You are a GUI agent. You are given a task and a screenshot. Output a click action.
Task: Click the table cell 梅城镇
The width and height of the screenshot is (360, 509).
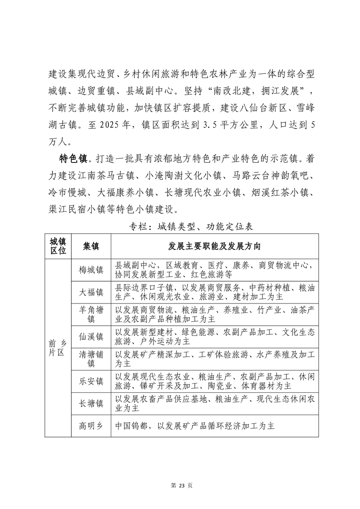pyautogui.click(x=91, y=270)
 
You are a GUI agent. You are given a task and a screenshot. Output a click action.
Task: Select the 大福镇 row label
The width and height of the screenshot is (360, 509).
pyautogui.click(x=91, y=292)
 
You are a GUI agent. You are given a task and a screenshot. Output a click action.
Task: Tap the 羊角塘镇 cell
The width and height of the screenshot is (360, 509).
pyautogui.click(x=91, y=314)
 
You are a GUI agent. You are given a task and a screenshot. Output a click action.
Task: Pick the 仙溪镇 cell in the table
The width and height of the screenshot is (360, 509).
pyautogui.click(x=91, y=337)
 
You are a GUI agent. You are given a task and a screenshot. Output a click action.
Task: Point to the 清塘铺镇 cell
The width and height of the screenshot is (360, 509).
pyautogui.click(x=91, y=359)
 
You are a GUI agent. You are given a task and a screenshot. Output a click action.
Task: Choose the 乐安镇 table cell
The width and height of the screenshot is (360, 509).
pyautogui.click(x=91, y=381)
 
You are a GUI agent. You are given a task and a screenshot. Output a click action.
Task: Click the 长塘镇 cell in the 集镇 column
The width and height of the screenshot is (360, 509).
pyautogui.click(x=91, y=403)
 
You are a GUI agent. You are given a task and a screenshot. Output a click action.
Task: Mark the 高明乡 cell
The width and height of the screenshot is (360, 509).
pyautogui.click(x=91, y=426)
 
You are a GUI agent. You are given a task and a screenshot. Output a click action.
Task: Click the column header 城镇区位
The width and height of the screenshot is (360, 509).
pyautogui.click(x=58, y=246)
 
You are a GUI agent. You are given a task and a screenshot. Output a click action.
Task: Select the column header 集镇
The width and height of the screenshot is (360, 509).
pyautogui.click(x=91, y=246)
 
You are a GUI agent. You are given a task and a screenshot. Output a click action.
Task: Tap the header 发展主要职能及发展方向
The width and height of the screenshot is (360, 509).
pyautogui.click(x=214, y=246)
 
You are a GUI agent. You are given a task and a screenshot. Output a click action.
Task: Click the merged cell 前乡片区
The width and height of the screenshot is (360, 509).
pyautogui.click(x=58, y=348)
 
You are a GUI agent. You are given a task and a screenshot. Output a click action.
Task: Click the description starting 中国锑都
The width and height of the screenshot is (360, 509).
pyautogui.click(x=195, y=426)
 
